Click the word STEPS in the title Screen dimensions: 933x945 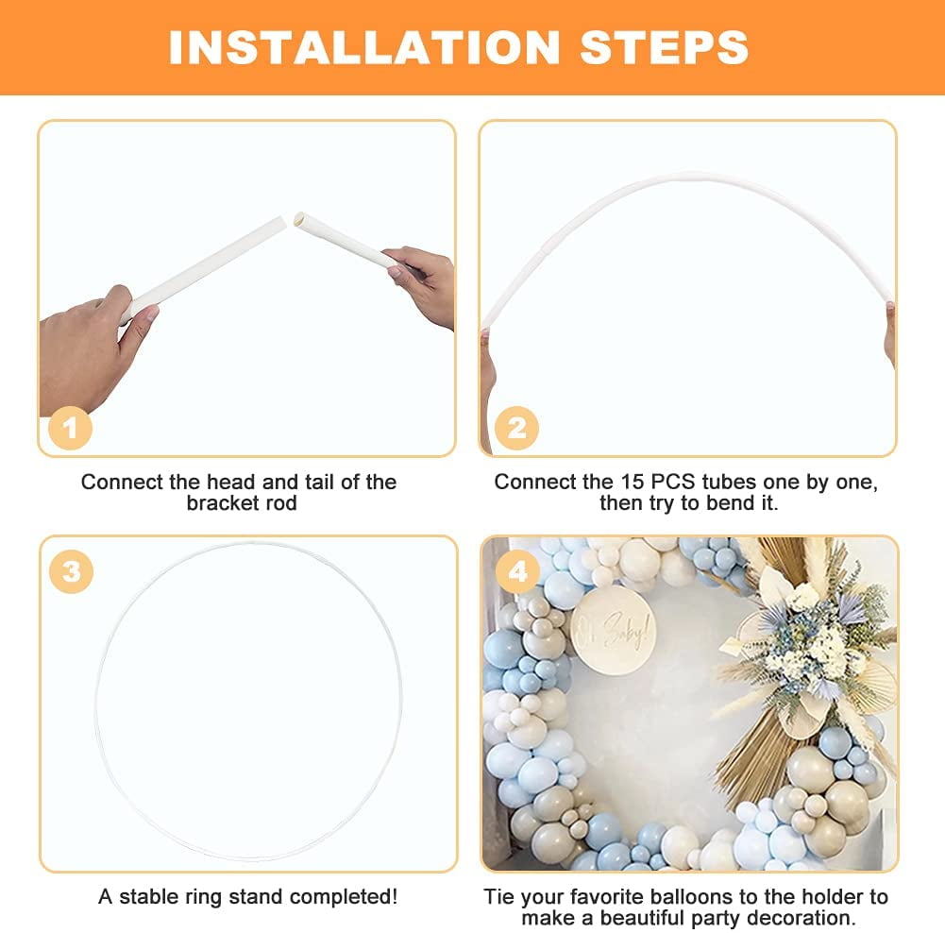tap(665, 47)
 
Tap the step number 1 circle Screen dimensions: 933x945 tap(69, 429)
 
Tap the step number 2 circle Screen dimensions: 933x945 tap(515, 429)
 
